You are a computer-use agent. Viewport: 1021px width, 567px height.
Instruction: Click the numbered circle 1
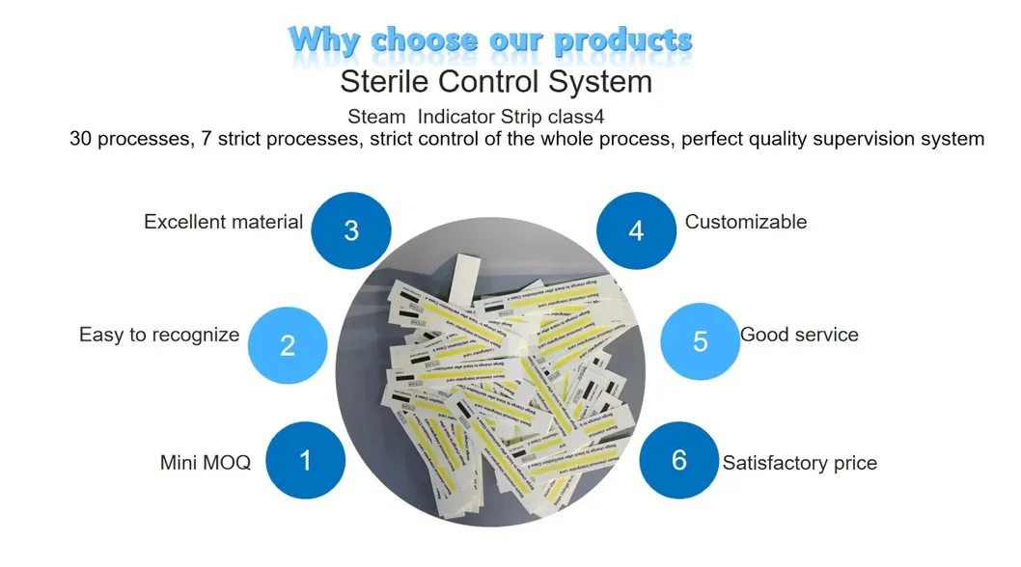click(x=305, y=460)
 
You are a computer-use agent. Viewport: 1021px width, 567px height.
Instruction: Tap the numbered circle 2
click(x=288, y=344)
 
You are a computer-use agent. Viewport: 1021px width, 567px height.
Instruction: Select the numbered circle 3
click(x=351, y=230)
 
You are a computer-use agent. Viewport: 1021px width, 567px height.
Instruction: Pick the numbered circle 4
click(x=636, y=231)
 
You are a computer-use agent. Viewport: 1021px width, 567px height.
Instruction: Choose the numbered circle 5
click(x=701, y=341)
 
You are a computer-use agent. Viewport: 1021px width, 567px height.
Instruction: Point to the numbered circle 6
click(x=679, y=460)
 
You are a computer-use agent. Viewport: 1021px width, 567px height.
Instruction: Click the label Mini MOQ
click(x=205, y=463)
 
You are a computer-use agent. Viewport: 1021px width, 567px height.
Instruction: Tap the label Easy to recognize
click(x=159, y=336)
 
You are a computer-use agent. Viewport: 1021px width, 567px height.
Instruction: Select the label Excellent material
click(x=223, y=222)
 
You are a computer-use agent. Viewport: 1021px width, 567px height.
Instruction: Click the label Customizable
click(x=745, y=222)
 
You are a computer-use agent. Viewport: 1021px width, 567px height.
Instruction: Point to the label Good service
click(x=799, y=336)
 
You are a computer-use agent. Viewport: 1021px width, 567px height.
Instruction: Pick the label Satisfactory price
click(x=800, y=463)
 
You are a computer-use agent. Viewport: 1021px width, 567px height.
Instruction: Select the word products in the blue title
click(x=624, y=40)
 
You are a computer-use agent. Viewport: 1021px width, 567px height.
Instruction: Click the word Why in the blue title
click(x=325, y=40)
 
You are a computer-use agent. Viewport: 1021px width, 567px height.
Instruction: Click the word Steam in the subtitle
click(x=376, y=117)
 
